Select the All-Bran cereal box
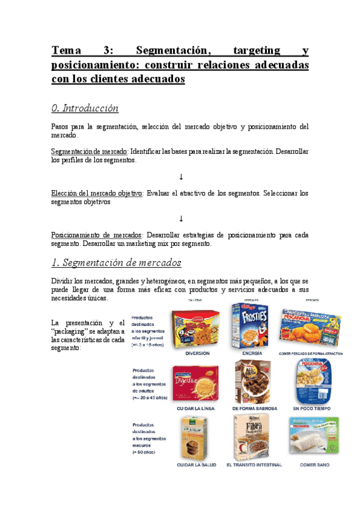coord(254,382)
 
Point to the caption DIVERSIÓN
coord(197,354)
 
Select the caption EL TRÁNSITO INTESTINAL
coord(253,465)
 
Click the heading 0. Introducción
coord(85,108)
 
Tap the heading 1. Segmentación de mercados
coord(117,263)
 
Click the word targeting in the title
coord(246,50)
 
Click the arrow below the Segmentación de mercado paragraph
coord(180,177)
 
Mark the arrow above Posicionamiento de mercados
coord(180,218)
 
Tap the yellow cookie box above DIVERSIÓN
coord(191,328)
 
